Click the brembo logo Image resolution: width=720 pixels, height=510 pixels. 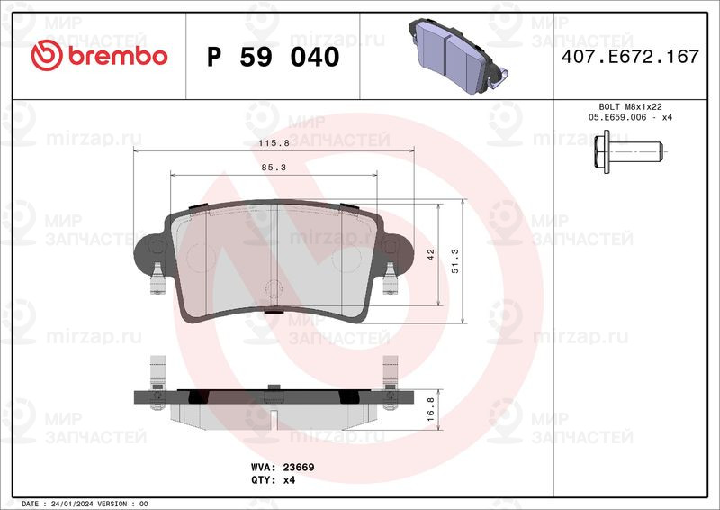click(x=99, y=56)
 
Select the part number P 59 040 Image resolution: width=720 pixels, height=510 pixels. click(x=274, y=57)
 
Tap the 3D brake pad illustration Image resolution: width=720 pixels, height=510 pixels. click(x=457, y=56)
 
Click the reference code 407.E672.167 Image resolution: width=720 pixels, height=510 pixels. click(x=630, y=57)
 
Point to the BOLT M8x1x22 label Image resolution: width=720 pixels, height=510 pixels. click(x=630, y=106)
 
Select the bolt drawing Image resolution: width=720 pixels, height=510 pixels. click(x=628, y=151)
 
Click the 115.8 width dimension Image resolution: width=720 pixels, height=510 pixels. click(x=274, y=143)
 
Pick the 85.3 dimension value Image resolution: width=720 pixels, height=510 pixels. click(x=274, y=168)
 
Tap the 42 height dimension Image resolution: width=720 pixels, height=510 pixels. click(x=431, y=254)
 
